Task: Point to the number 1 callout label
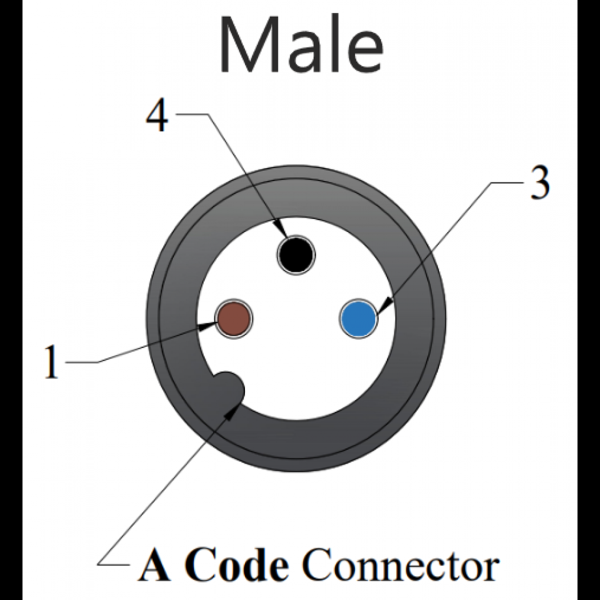coord(52,362)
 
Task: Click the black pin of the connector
coord(296,254)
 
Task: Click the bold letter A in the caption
coord(156,566)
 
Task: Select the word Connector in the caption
coord(400,567)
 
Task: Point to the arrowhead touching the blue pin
coord(384,304)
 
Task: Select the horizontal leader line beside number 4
coord(191,114)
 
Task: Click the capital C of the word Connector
coord(316,567)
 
